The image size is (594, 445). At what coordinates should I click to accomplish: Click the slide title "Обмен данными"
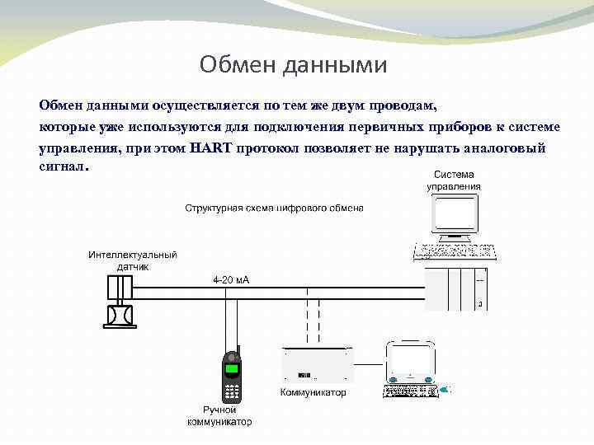click(293, 64)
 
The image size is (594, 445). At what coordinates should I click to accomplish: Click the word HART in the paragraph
click(211, 148)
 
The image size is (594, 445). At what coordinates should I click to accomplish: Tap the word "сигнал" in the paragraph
click(62, 167)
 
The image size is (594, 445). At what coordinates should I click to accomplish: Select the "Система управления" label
click(454, 180)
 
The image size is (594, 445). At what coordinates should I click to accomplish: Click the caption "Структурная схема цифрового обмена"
click(274, 208)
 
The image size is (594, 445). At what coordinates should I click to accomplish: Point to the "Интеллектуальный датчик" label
click(133, 260)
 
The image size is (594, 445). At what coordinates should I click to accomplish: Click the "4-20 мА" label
click(231, 280)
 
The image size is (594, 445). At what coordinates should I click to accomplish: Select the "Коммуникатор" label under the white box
click(313, 392)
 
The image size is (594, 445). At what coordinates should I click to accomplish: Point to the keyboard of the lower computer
click(410, 390)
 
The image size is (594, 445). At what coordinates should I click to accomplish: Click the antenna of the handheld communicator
click(238, 345)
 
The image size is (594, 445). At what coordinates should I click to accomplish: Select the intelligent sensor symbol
click(120, 301)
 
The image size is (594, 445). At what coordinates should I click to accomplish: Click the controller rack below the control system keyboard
click(455, 288)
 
